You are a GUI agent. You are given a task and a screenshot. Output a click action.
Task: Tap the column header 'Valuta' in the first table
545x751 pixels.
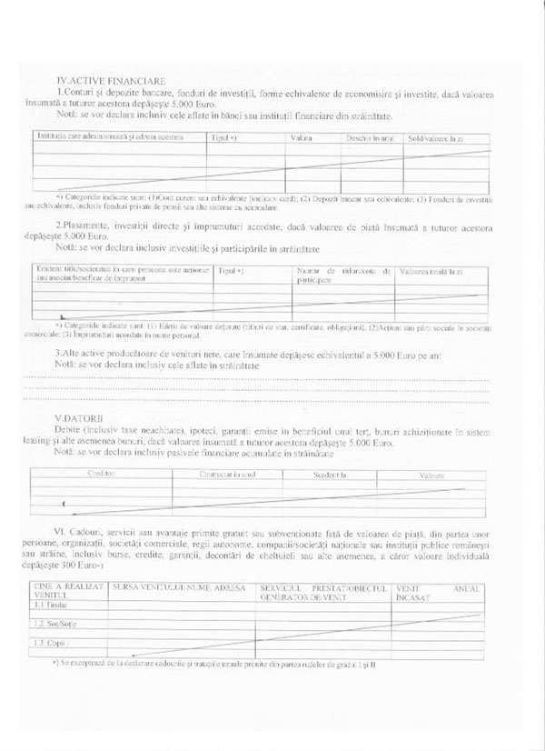pos(302,137)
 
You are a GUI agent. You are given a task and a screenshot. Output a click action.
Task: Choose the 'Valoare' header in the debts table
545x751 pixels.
pos(432,476)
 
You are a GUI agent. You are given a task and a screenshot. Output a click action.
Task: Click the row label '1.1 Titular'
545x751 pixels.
pos(49,604)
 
